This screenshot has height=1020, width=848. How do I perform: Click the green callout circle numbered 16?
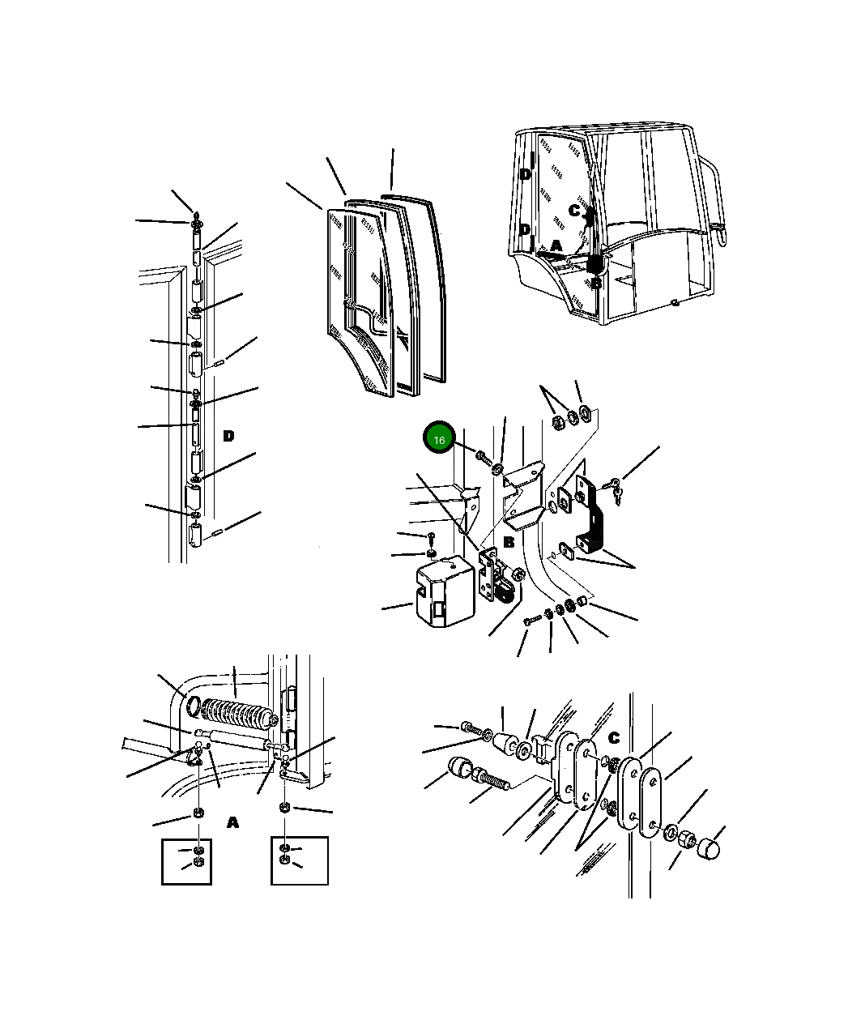click(x=439, y=437)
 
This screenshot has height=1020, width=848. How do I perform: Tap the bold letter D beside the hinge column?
click(x=228, y=436)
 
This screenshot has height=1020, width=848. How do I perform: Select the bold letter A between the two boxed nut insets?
click(x=233, y=822)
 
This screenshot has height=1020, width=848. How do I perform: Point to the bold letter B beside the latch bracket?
click(x=509, y=542)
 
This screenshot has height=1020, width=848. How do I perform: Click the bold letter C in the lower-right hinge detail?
click(x=614, y=737)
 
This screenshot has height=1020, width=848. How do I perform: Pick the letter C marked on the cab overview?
click(x=574, y=211)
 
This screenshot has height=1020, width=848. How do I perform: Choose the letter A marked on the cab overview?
click(x=556, y=245)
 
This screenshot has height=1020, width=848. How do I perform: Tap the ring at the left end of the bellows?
click(x=194, y=706)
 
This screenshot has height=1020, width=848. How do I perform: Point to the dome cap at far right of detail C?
click(x=710, y=850)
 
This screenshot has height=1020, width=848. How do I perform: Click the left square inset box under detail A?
click(x=186, y=862)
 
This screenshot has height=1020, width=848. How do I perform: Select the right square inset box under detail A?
click(x=300, y=860)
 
